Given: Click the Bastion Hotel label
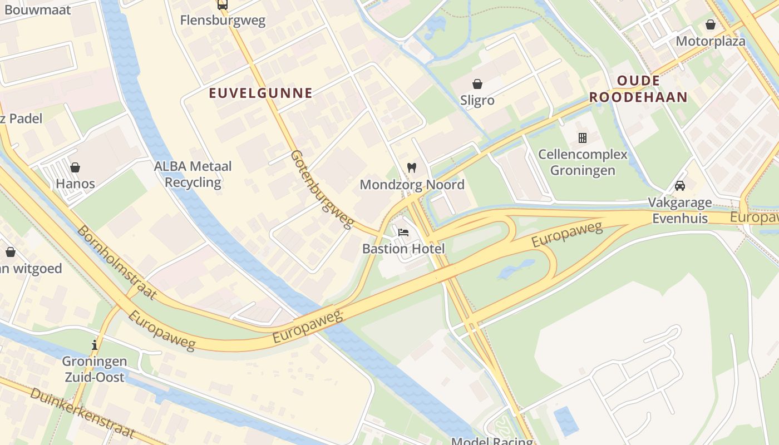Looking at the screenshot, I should pyautogui.click(x=403, y=249).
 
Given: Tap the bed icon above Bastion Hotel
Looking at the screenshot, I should pyautogui.click(x=403, y=232).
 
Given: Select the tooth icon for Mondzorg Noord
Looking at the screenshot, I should pyautogui.click(x=412, y=167).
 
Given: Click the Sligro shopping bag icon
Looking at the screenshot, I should pyautogui.click(x=477, y=84).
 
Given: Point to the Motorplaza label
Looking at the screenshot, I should pyautogui.click(x=711, y=41).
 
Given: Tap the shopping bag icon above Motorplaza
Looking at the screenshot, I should pyautogui.click(x=711, y=24).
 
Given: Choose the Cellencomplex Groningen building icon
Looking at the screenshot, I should pyautogui.click(x=583, y=137).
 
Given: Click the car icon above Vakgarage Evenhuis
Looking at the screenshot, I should pyautogui.click(x=679, y=186).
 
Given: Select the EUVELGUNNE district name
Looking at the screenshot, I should pyautogui.click(x=260, y=93).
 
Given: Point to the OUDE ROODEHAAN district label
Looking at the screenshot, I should pyautogui.click(x=638, y=89).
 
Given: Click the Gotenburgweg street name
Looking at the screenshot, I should pyautogui.click(x=322, y=189).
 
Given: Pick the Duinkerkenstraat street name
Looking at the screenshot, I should pyautogui.click(x=82, y=412).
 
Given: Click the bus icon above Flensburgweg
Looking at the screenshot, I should pyautogui.click(x=223, y=5).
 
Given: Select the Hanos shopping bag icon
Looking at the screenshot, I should pyautogui.click(x=75, y=167).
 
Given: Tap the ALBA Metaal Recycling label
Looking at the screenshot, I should pyautogui.click(x=193, y=174).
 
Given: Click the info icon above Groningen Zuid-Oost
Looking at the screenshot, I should pyautogui.click(x=95, y=345).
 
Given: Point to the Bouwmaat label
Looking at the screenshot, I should pyautogui.click(x=35, y=9).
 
